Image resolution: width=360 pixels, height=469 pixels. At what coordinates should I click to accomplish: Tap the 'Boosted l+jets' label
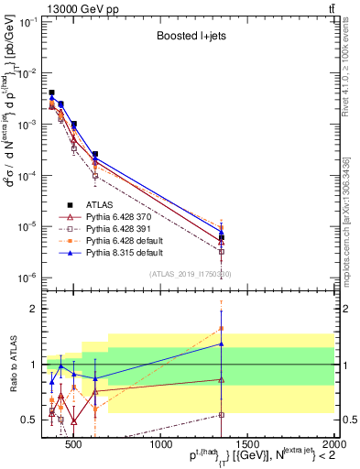pos(189,38)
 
